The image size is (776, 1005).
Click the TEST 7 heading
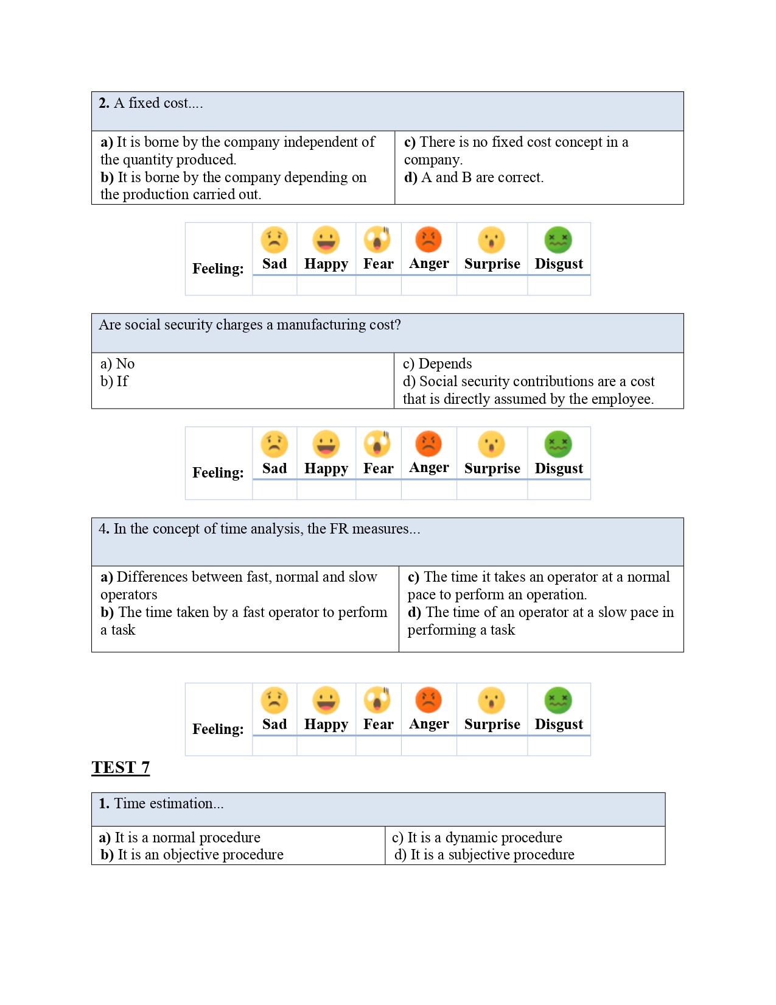point(121,767)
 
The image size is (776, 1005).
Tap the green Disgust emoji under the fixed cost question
point(558,239)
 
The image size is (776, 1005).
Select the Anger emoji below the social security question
point(428,444)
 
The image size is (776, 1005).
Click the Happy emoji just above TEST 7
point(326,700)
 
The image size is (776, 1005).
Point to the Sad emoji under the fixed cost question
point(274,239)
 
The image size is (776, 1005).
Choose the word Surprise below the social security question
point(492,468)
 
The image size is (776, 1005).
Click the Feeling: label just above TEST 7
point(218,729)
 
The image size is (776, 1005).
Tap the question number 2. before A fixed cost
point(104,104)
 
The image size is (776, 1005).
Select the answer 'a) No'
point(117,364)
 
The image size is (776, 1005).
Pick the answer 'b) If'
point(114,381)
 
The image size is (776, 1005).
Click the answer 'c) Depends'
point(438,364)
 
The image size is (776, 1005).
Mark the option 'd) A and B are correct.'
point(474,177)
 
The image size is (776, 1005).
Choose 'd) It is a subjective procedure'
point(484,855)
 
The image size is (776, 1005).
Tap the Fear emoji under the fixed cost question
point(377,239)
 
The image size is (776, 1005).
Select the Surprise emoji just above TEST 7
point(491,700)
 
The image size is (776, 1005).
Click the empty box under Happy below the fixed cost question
point(326,286)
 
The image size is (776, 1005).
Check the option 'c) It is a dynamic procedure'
point(477,837)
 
